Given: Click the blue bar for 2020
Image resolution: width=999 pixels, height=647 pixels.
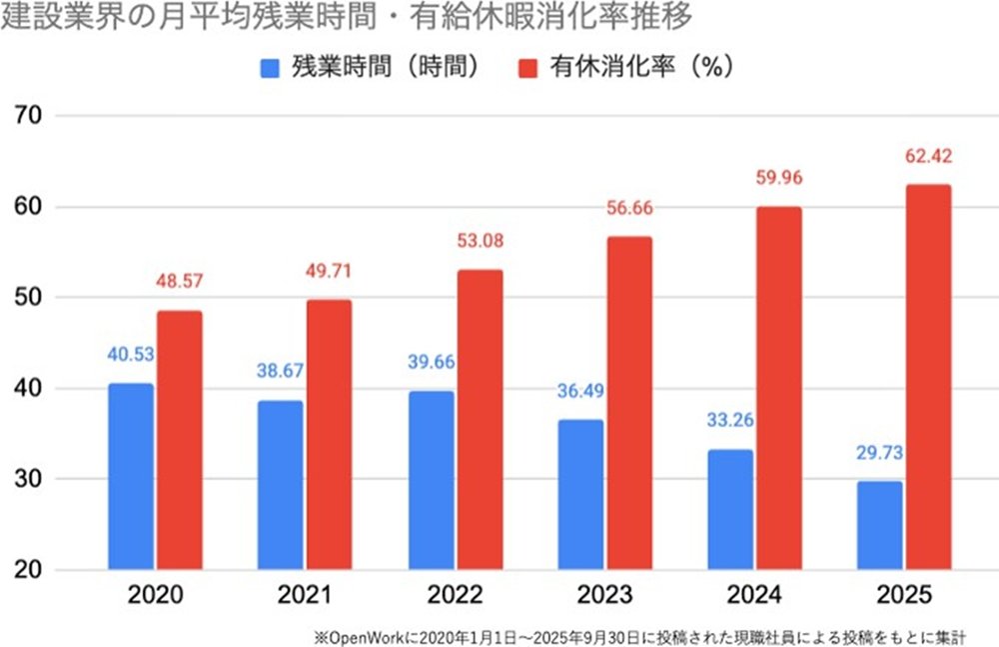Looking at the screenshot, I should [130, 476].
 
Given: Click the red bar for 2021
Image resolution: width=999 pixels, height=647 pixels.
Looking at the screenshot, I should [329, 435].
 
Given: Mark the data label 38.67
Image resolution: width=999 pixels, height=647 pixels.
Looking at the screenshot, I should [280, 370].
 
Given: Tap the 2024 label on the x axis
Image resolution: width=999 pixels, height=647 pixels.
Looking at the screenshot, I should [752, 597].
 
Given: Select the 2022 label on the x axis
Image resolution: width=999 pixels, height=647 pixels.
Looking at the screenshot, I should [454, 597].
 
